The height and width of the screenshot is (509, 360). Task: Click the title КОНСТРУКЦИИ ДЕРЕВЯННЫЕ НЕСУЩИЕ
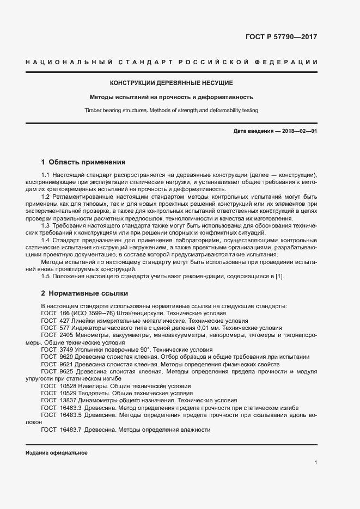pyautogui.click(x=172, y=83)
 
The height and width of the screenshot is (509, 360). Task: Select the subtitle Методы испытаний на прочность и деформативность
pyautogui.click(x=172, y=97)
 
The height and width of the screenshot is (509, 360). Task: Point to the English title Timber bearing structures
pyautogui.click(x=114, y=111)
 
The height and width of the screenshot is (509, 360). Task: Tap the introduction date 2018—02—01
pyautogui.click(x=299, y=131)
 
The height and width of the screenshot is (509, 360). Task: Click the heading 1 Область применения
pyautogui.click(x=83, y=162)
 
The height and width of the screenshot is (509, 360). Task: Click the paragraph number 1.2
pyautogui.click(x=45, y=196)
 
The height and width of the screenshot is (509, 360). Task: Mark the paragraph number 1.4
pyautogui.click(x=45, y=240)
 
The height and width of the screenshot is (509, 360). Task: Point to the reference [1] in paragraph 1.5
pyautogui.click(x=279, y=277)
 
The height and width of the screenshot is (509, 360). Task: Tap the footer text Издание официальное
pyautogui.click(x=57, y=453)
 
